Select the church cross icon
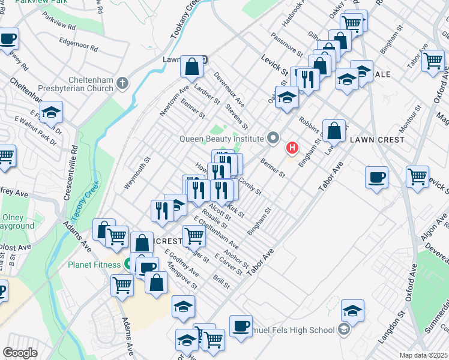(122, 82)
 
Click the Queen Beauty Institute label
(221, 139)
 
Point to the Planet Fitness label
(95, 264)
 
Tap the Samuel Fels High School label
(304, 329)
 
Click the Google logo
(20, 353)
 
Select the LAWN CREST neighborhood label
(377, 140)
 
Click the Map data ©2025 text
(423, 355)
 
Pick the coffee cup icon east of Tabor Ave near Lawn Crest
(376, 178)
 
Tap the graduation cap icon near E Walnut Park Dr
(52, 112)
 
